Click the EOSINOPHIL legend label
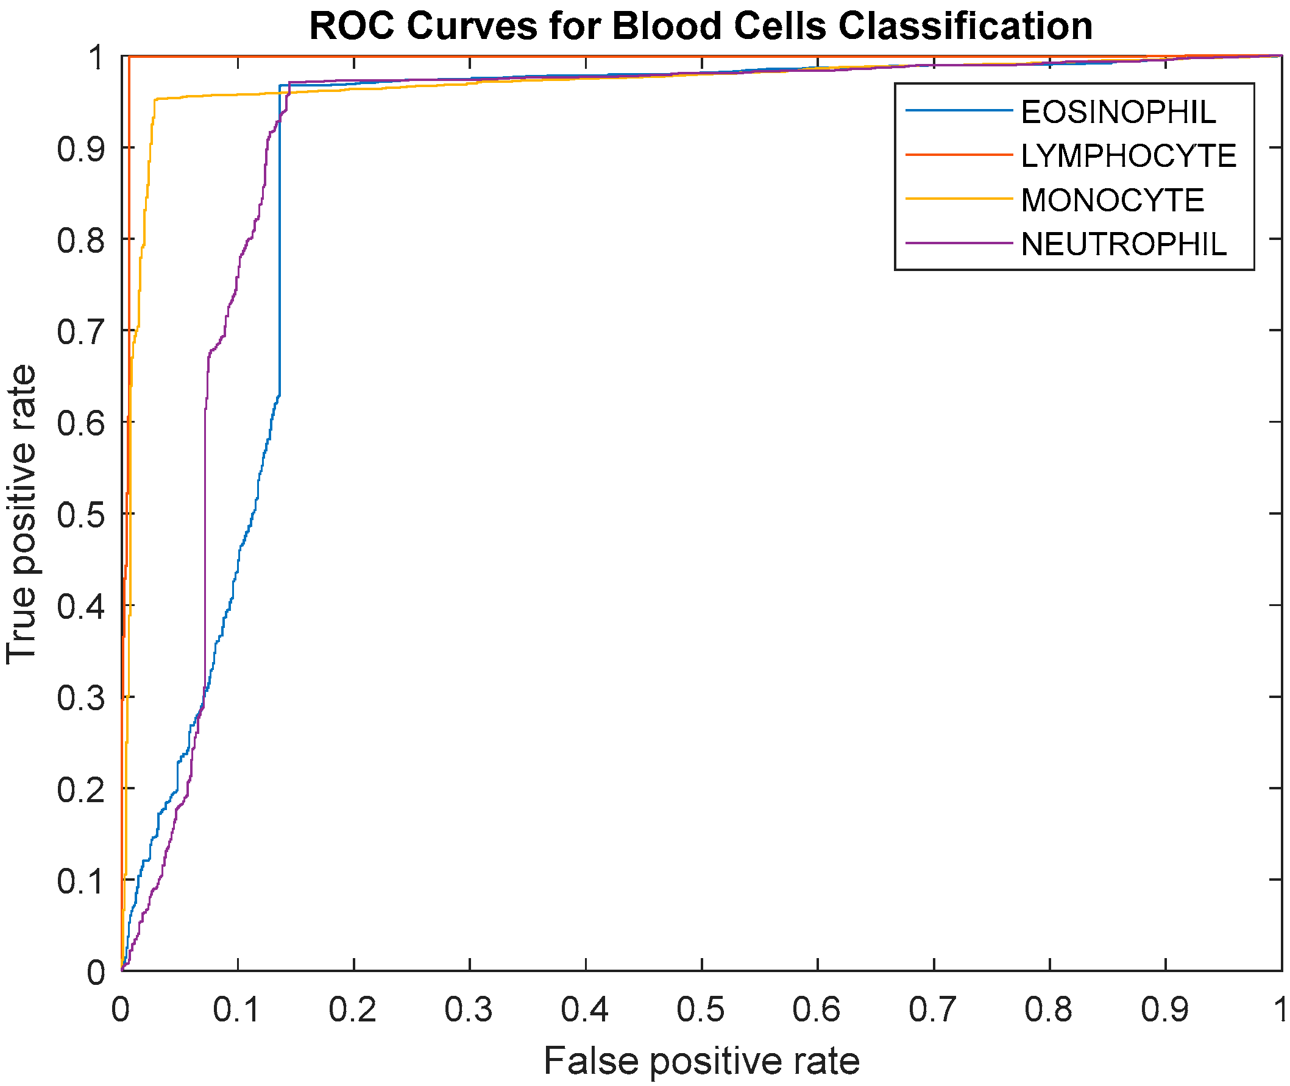[x=1118, y=112]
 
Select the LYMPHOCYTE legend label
[x=1129, y=157]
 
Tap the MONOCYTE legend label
[x=1112, y=201]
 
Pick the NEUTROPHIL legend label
[x=1124, y=245]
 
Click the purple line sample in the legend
[x=959, y=244]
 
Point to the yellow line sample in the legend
[x=959, y=199]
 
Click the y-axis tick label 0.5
[x=80, y=515]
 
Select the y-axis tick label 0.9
[x=80, y=149]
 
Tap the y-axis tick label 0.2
[x=80, y=790]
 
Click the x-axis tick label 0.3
[x=469, y=1010]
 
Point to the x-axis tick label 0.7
[x=934, y=1010]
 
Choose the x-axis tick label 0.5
[x=701, y=1010]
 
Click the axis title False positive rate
[x=701, y=1062]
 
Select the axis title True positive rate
[x=21, y=515]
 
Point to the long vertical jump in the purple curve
[x=204, y=554]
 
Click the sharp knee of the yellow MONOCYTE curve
[x=155, y=99]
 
